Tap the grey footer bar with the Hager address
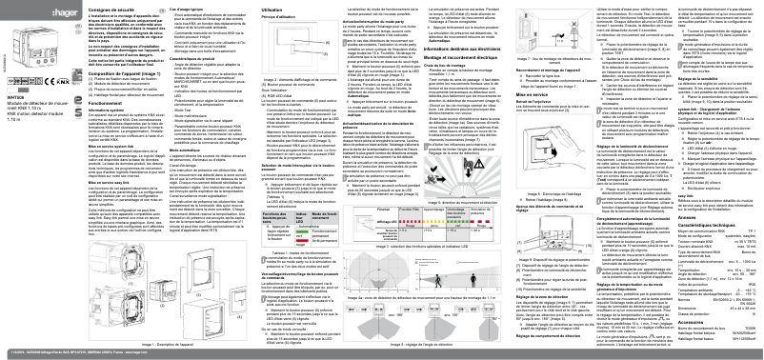381,354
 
